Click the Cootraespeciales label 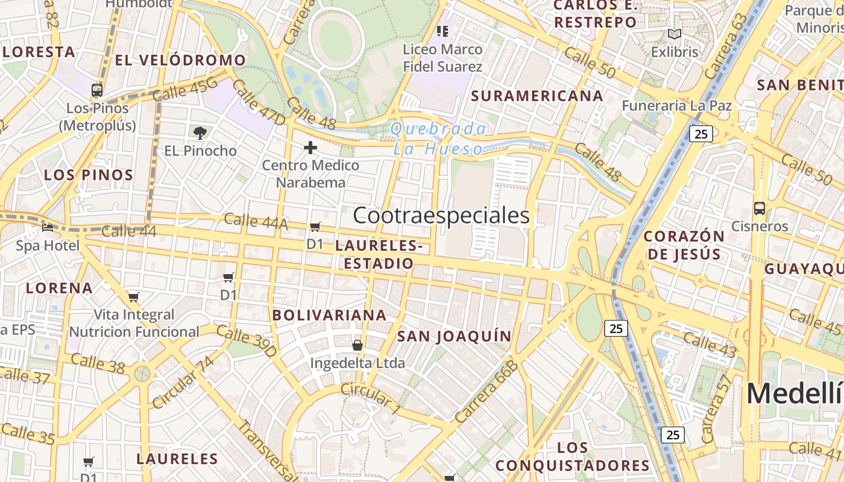point(441,216)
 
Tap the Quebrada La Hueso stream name point(438,139)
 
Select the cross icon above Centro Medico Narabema point(310,148)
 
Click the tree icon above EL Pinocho point(200,133)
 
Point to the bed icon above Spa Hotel point(48,228)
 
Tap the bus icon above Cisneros point(760,208)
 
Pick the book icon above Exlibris point(675,34)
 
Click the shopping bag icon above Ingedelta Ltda point(357,345)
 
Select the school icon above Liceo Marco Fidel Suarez point(442,31)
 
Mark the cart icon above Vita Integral point(134,297)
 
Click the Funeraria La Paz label point(676,106)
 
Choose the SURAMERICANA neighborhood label point(537,96)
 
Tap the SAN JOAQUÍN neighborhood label point(454,336)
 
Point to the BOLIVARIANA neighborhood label point(329,315)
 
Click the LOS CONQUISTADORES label point(573,457)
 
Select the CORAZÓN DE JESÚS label point(684,245)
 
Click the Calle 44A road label point(256,221)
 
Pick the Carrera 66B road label point(487,392)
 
